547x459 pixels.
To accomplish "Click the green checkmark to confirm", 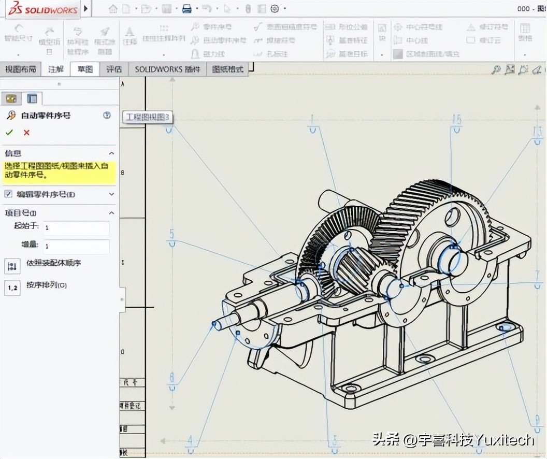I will [x=9, y=133].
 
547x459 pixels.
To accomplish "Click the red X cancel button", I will [x=26, y=133].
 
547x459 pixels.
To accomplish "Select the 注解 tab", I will [x=56, y=69].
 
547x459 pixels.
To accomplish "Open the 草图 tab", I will [x=85, y=69].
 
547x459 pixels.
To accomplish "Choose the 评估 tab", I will [x=114, y=69].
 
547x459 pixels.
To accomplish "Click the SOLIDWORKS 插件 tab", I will [x=167, y=69].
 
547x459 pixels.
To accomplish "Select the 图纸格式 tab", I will [x=228, y=69].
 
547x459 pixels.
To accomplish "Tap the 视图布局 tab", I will [x=21, y=69].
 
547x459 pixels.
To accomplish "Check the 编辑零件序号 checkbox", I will [x=8, y=194].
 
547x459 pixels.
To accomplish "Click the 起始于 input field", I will [x=76, y=228].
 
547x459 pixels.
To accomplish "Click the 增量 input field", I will [x=76, y=247].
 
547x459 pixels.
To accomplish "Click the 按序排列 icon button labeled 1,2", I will [x=12, y=288].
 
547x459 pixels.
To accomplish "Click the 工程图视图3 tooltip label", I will [x=148, y=117].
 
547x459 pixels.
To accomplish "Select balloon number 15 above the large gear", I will [x=456, y=120].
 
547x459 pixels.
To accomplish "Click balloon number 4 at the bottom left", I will [x=190, y=441].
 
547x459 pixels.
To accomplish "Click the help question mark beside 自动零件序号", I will [x=107, y=116].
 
